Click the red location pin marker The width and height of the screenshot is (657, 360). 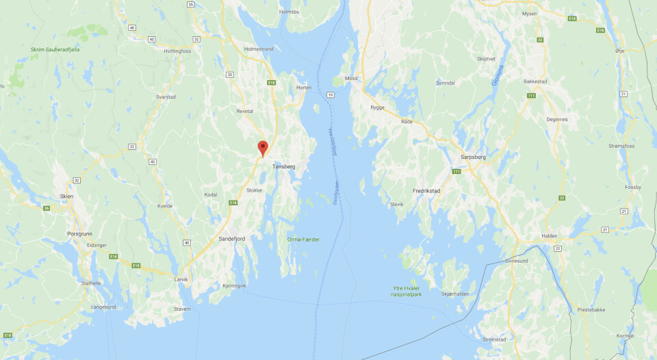263,148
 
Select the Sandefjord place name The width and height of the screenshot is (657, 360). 231,238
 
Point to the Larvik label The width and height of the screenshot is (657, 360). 181,279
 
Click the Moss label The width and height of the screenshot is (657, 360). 351,78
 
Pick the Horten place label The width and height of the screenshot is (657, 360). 304,88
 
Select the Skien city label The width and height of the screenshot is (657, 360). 66,196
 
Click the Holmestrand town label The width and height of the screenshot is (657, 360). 259,49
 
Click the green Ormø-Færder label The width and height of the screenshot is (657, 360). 303,239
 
